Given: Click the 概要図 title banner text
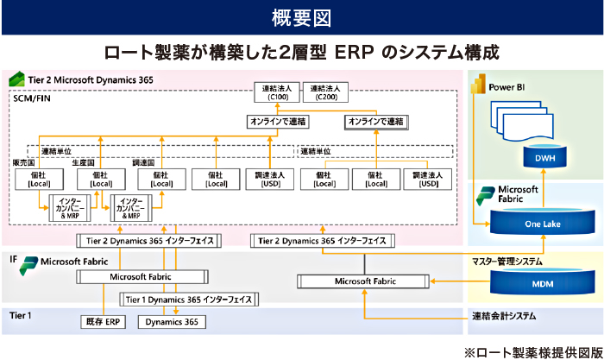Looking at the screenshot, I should tap(301, 16).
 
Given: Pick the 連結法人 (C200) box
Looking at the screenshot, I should tap(326, 92).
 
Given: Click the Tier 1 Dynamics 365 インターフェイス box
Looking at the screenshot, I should tap(188, 300).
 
